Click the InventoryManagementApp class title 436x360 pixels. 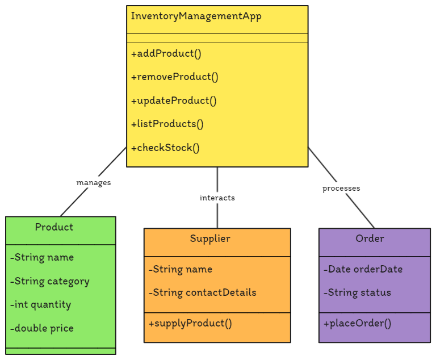click(196, 16)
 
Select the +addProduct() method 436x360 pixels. click(166, 54)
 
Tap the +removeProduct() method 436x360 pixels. click(174, 77)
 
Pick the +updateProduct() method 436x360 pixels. click(174, 101)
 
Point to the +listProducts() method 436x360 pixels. click(167, 124)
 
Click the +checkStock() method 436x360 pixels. click(165, 148)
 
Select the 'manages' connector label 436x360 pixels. click(94, 183)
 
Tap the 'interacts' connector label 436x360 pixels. click(217, 198)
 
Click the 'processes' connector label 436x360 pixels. click(341, 189)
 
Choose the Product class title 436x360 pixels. click(54, 227)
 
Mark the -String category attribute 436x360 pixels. click(49, 282)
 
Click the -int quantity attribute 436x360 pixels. click(40, 305)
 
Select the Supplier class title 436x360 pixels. click(210, 238)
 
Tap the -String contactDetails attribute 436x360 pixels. click(202, 293)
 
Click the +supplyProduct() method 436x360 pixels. click(190, 324)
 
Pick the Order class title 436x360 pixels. click(370, 238)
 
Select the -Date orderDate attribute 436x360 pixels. click(363, 269)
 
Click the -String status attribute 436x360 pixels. click(357, 293)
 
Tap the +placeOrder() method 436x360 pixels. click(357, 324)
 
